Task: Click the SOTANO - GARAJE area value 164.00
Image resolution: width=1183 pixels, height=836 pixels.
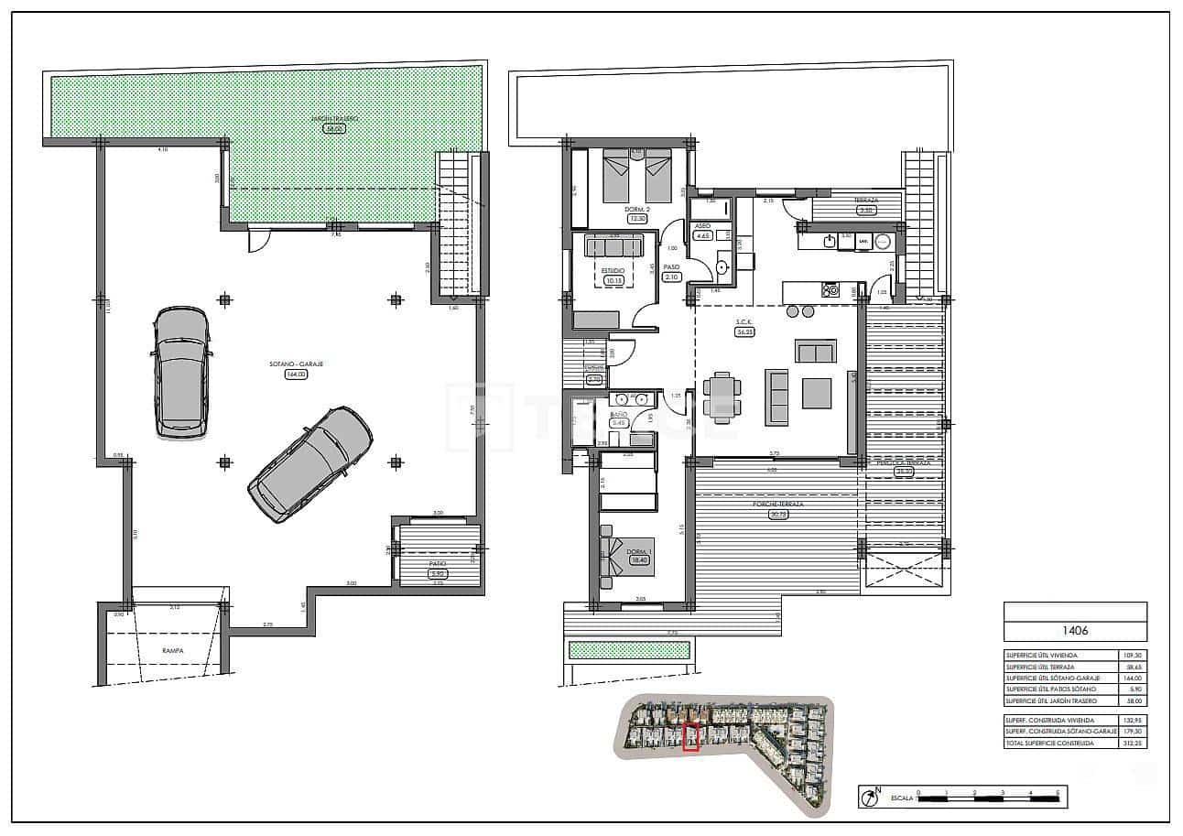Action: tap(296, 375)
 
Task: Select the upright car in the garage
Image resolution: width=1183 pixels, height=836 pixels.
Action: tap(181, 372)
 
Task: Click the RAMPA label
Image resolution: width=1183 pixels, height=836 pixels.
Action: tap(173, 651)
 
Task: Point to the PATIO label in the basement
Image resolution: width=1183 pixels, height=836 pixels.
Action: tap(438, 564)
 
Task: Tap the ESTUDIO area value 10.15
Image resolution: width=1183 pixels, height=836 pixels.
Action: tap(613, 281)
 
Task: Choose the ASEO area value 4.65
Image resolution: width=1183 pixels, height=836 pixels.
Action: tap(703, 235)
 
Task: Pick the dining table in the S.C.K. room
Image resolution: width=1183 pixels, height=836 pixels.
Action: tap(722, 397)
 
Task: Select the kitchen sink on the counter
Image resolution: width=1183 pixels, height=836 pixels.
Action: tap(830, 241)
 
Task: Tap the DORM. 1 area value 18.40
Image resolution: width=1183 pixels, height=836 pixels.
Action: tap(637, 560)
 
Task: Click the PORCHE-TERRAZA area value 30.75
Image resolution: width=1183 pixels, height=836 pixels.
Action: tap(779, 515)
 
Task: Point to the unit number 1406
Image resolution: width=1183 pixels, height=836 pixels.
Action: tap(1074, 631)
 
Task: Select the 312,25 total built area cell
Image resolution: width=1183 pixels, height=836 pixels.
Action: tap(1133, 744)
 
